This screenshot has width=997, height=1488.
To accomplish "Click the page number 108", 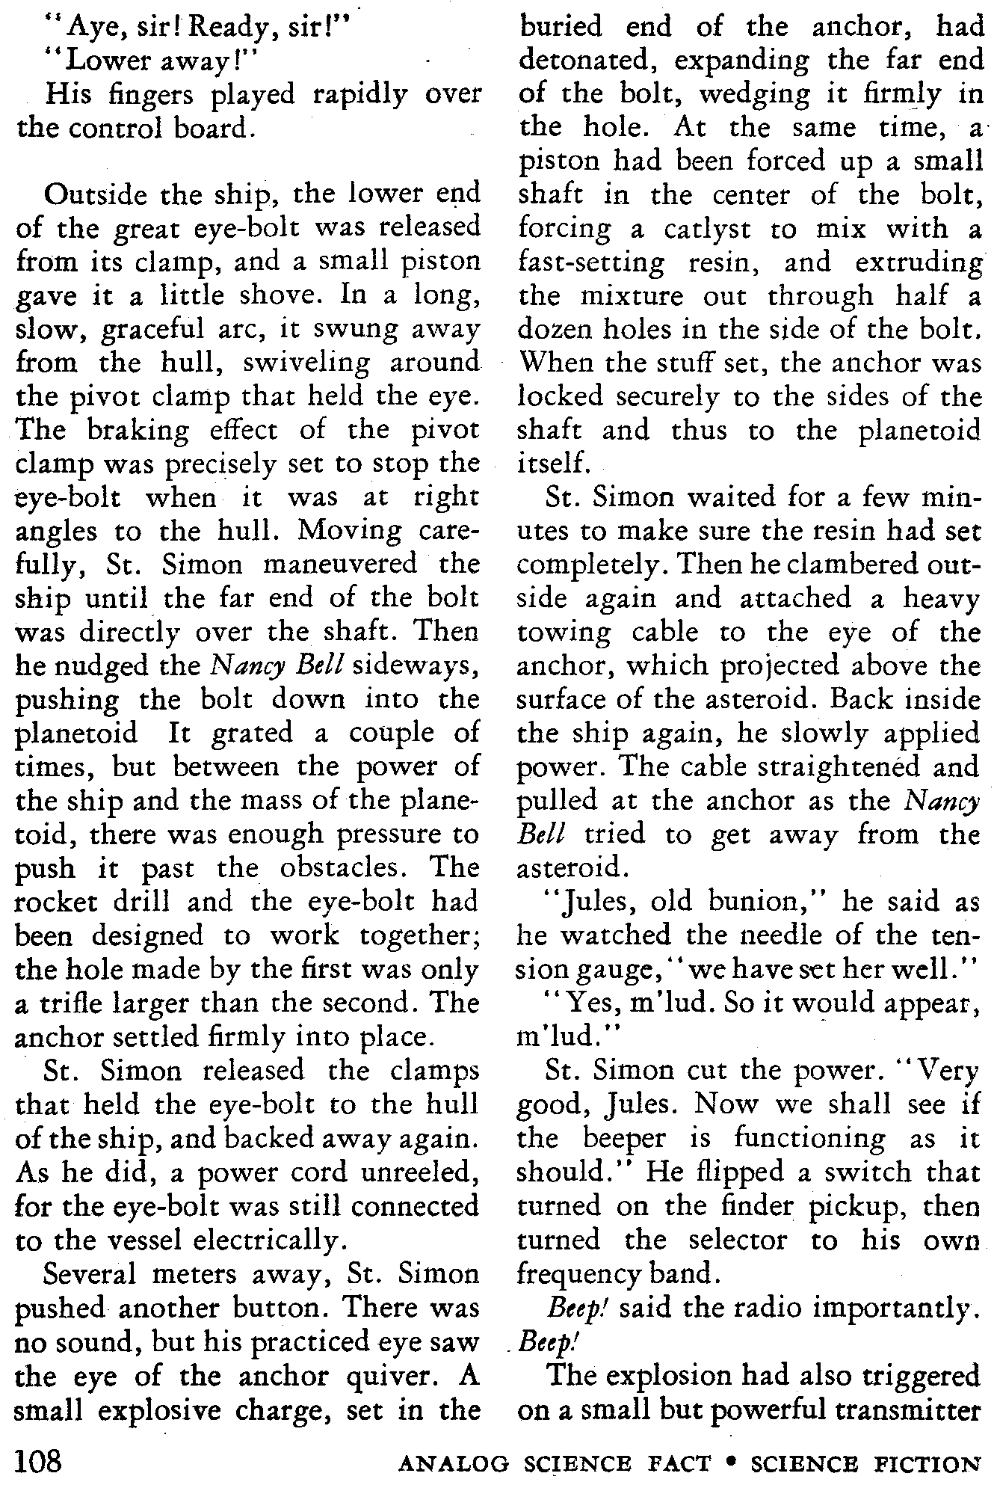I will pos(42,1459).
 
